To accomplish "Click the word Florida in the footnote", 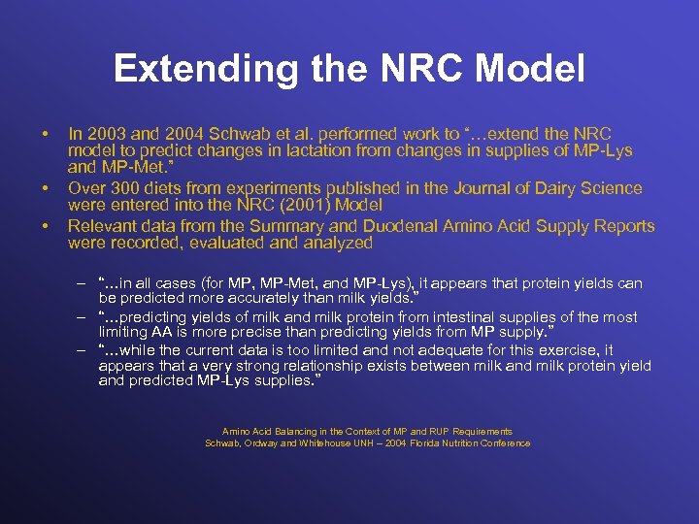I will coord(435,443).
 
